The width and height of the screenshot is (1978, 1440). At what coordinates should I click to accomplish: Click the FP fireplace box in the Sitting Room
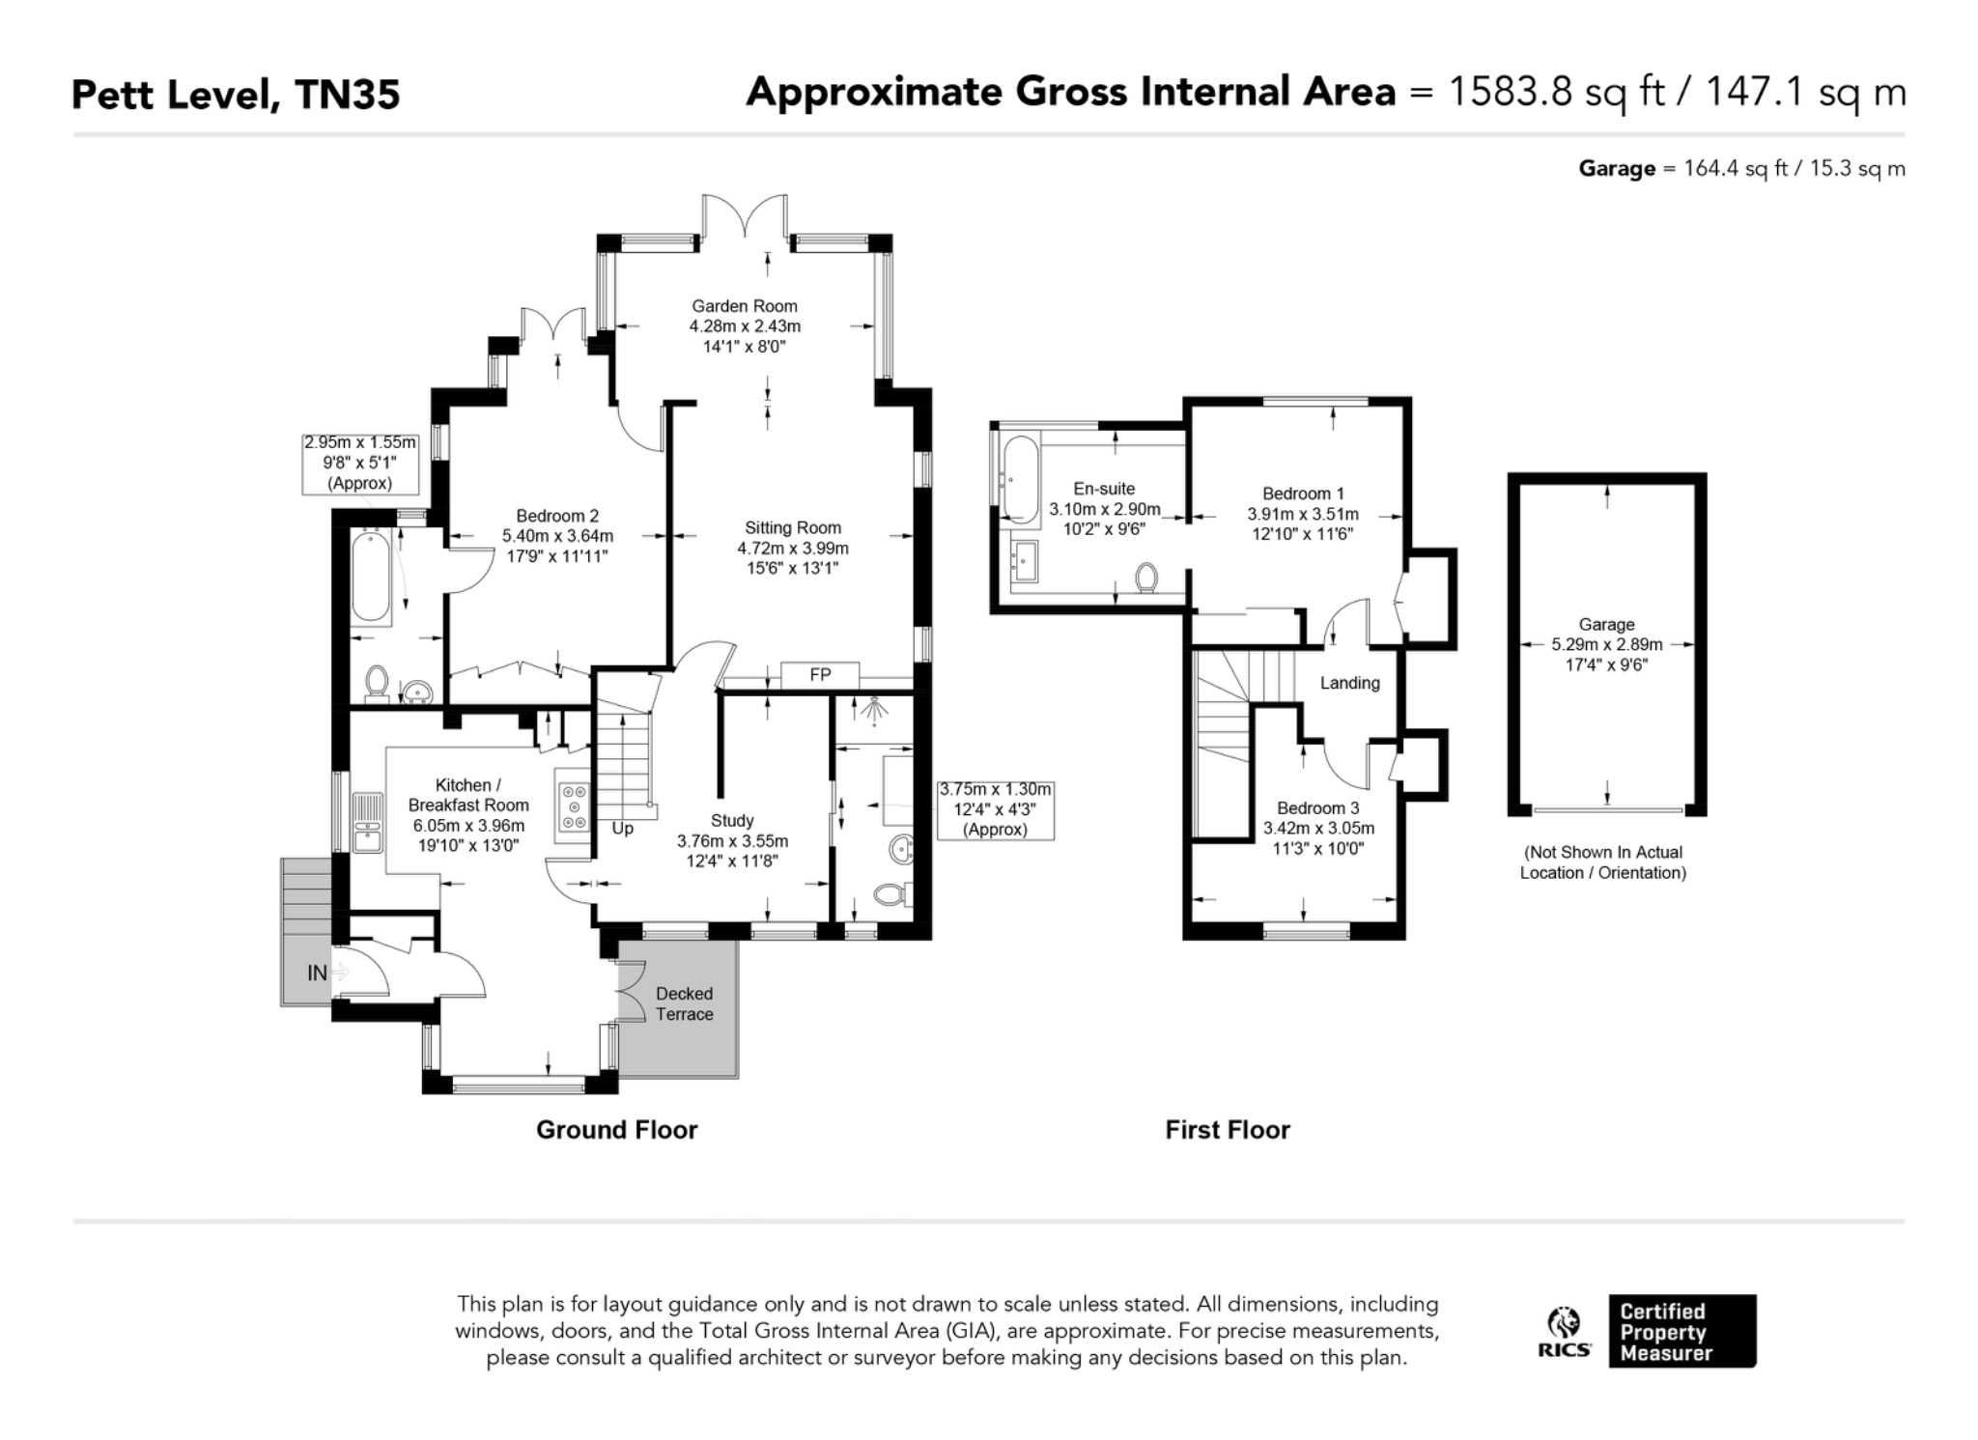click(819, 675)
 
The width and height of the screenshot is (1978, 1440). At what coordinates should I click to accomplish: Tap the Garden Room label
click(745, 306)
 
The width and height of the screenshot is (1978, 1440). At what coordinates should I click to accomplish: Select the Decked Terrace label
click(684, 1003)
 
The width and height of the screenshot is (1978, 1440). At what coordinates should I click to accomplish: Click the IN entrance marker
click(317, 974)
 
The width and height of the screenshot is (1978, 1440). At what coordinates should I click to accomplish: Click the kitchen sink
click(367, 822)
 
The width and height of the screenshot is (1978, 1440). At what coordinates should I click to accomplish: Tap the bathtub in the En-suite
click(1020, 479)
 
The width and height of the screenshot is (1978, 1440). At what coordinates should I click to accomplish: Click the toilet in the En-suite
click(1146, 579)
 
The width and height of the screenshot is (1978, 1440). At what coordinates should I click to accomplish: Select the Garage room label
click(1607, 625)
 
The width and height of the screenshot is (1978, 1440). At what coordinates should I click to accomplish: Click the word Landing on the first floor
click(1349, 683)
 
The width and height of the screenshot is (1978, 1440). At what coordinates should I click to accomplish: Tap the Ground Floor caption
click(616, 1129)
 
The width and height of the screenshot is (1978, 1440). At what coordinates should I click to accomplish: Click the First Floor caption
click(1227, 1129)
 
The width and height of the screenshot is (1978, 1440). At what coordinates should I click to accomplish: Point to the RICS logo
click(1565, 1332)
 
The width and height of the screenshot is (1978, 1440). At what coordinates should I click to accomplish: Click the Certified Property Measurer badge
click(1681, 1331)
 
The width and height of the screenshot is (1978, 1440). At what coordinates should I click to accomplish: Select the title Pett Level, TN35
click(236, 95)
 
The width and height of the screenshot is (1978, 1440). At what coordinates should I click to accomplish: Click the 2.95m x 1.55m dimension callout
click(360, 464)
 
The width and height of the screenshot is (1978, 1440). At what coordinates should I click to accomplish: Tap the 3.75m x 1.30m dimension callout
click(995, 809)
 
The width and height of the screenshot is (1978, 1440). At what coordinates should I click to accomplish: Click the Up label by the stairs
click(623, 829)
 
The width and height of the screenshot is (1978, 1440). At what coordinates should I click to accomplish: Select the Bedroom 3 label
click(1317, 807)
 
